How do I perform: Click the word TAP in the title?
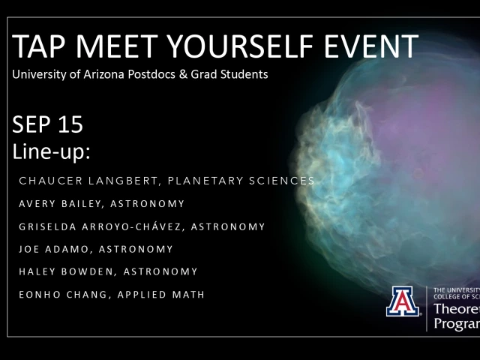pyautogui.click(x=37, y=47)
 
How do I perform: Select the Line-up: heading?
pyautogui.click(x=52, y=152)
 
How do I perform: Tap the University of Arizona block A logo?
pyautogui.click(x=403, y=301)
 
